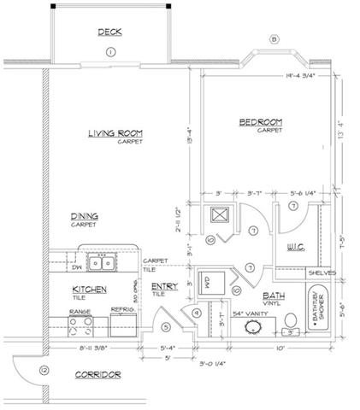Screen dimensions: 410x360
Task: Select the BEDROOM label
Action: [x=260, y=122]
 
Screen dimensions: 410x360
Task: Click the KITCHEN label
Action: [x=89, y=290]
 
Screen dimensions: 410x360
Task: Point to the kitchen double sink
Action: [x=101, y=258]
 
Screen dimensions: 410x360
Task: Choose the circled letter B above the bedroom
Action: [x=274, y=39]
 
